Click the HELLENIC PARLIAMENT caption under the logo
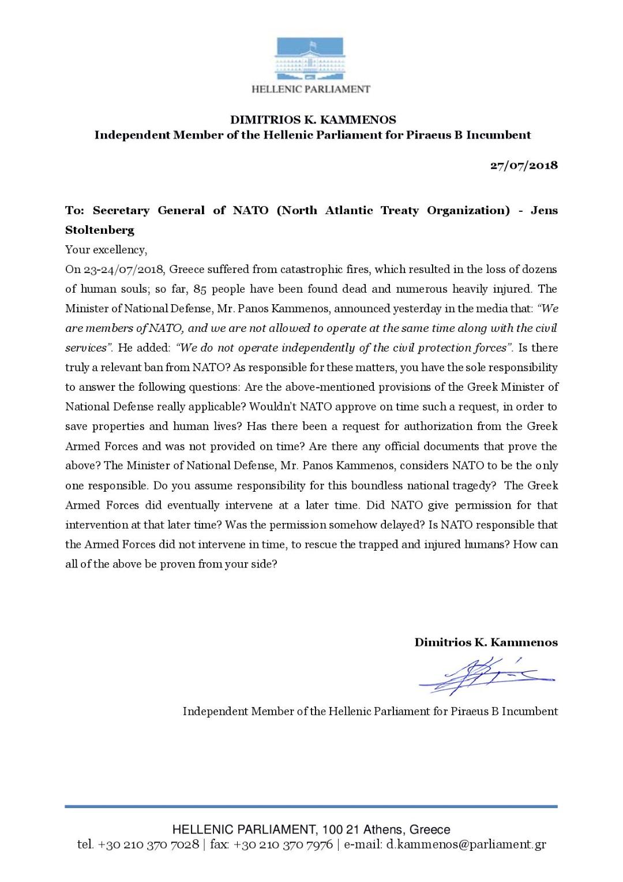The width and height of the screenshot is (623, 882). [x=311, y=89]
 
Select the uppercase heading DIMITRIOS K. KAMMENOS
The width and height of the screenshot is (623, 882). [x=313, y=120]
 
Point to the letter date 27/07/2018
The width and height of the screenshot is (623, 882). [x=524, y=165]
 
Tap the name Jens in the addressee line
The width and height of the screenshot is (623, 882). [x=544, y=210]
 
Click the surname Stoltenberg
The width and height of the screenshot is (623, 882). [x=99, y=230]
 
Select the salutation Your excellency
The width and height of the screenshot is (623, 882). [x=106, y=250]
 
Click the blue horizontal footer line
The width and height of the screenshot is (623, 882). [x=311, y=806]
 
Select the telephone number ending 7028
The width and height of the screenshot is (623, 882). [x=148, y=844]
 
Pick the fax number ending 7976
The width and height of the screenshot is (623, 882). [x=283, y=844]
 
